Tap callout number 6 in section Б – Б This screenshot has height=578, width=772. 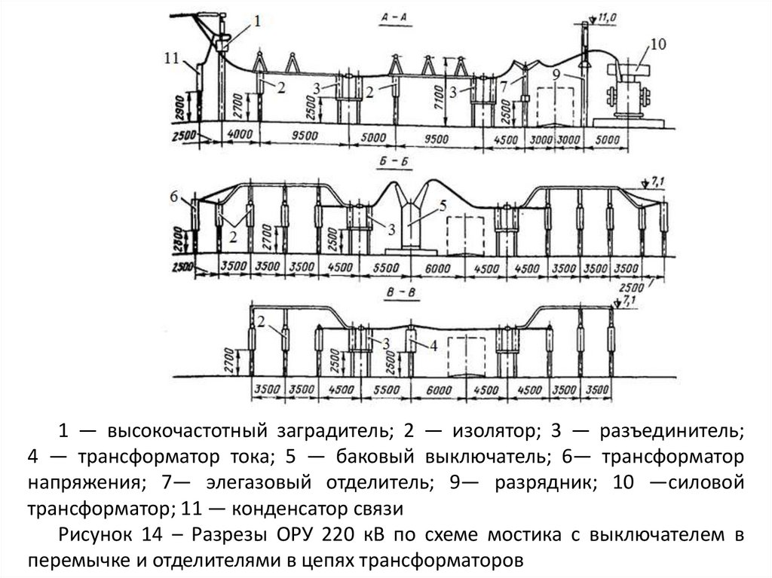tap(174, 197)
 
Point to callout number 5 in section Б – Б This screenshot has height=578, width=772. tap(444, 205)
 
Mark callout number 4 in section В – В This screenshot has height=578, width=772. tap(433, 345)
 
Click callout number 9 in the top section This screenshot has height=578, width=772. tap(555, 75)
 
